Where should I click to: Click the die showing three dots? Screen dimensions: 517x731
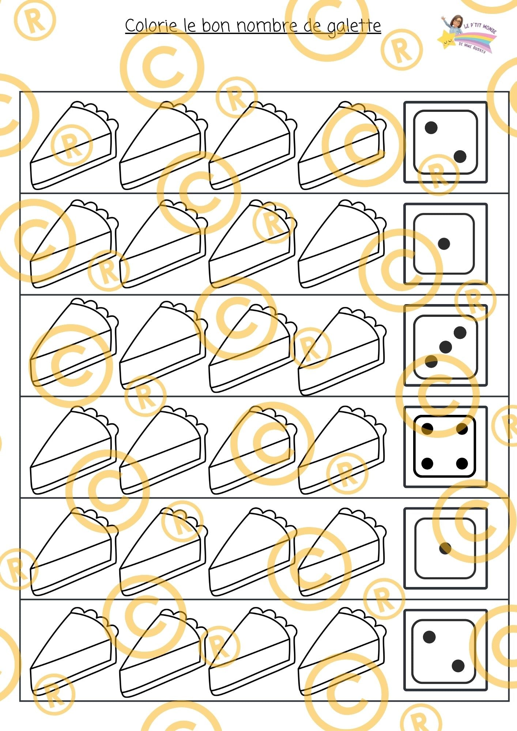point(445,346)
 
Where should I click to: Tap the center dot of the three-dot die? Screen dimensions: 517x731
point(445,347)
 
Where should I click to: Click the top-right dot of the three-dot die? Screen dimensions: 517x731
point(460,333)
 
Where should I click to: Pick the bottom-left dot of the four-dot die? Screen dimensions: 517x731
point(427,463)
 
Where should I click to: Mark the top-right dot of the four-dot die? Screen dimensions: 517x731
point(462,429)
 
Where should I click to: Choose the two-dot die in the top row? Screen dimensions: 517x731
point(445,142)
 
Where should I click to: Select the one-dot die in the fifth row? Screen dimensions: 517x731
point(445,548)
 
